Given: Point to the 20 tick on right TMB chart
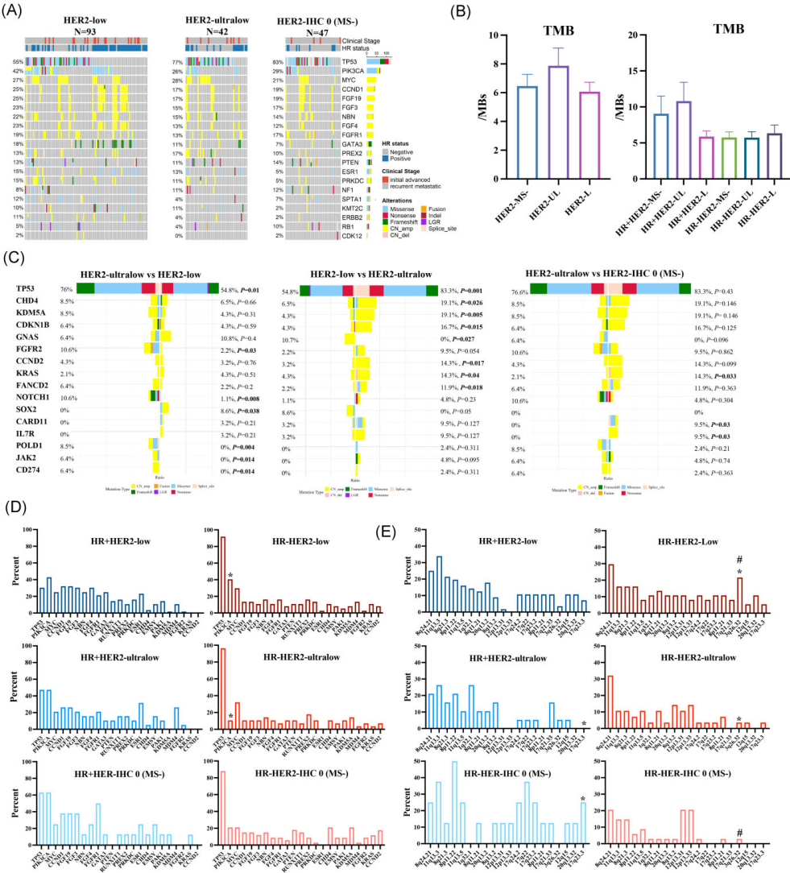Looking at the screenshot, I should pos(609,35).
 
